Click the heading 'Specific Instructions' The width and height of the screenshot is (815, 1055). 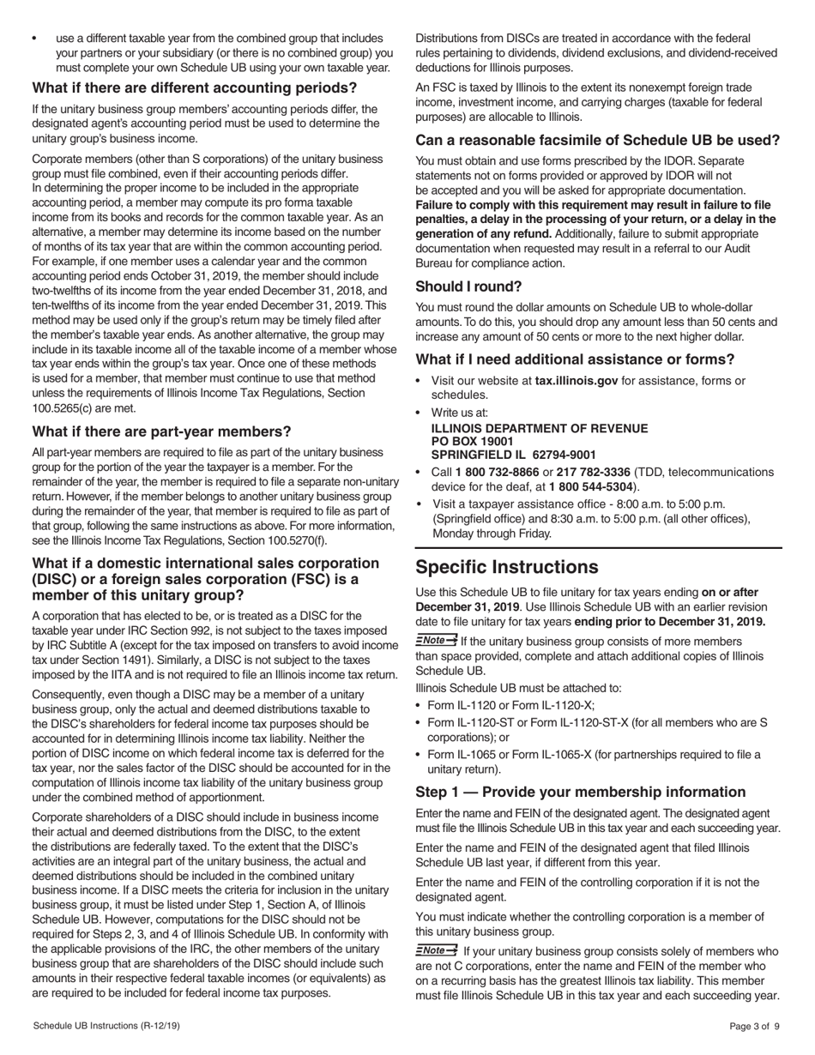[507, 568]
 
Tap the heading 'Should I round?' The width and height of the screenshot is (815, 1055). [468, 286]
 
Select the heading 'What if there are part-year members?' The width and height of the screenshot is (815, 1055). [161, 431]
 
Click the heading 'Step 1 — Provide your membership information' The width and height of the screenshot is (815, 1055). [580, 792]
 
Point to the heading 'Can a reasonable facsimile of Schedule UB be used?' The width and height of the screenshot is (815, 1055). [597, 140]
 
